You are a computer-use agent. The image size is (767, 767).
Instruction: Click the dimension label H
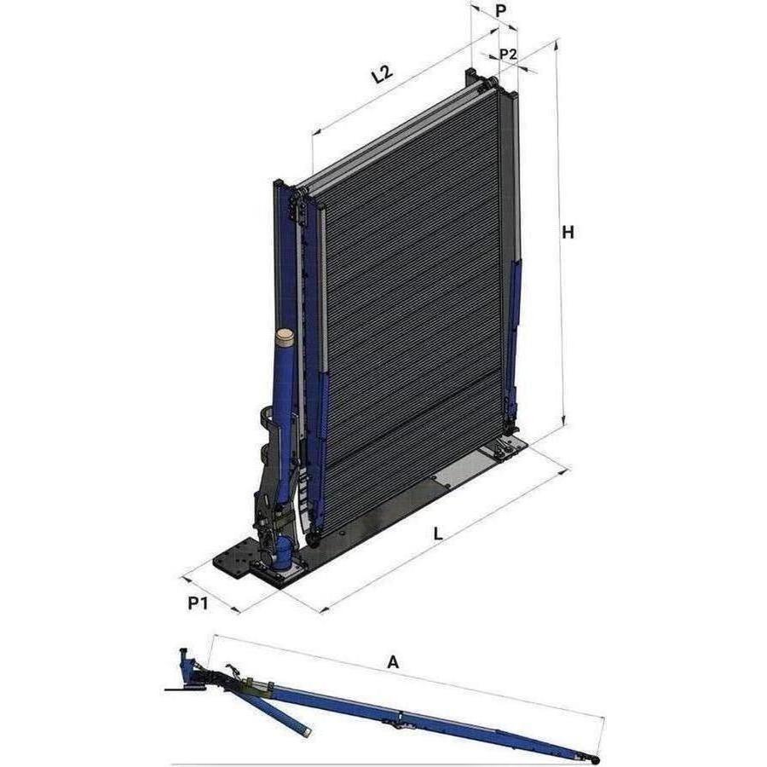[568, 232]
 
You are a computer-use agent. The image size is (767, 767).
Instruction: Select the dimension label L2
[383, 74]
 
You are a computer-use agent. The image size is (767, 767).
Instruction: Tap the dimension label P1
[198, 603]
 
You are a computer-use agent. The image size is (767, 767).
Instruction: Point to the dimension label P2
[508, 54]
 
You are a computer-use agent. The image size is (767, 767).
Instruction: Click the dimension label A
[393, 662]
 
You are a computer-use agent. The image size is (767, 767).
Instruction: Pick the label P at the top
[500, 11]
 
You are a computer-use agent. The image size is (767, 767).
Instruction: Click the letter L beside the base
[438, 533]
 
